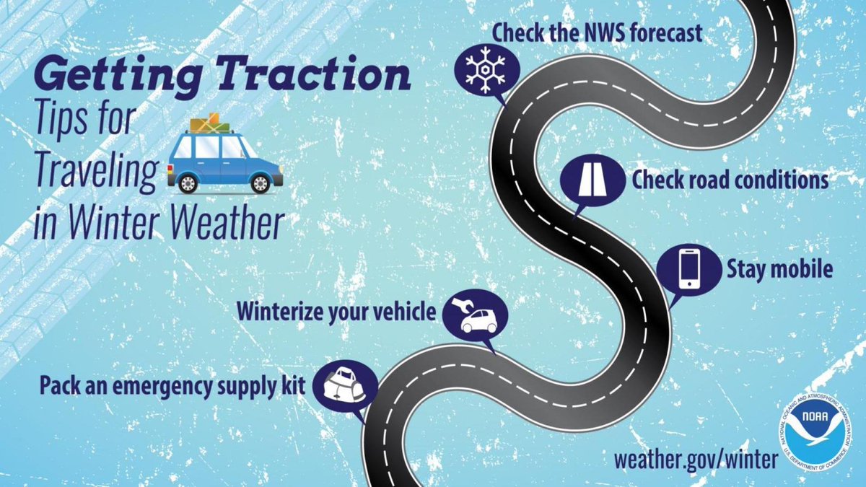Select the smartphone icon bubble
(x=689, y=268)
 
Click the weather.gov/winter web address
(x=696, y=459)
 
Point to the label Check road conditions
(x=730, y=180)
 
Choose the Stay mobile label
(x=779, y=270)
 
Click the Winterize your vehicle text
(x=336, y=312)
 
